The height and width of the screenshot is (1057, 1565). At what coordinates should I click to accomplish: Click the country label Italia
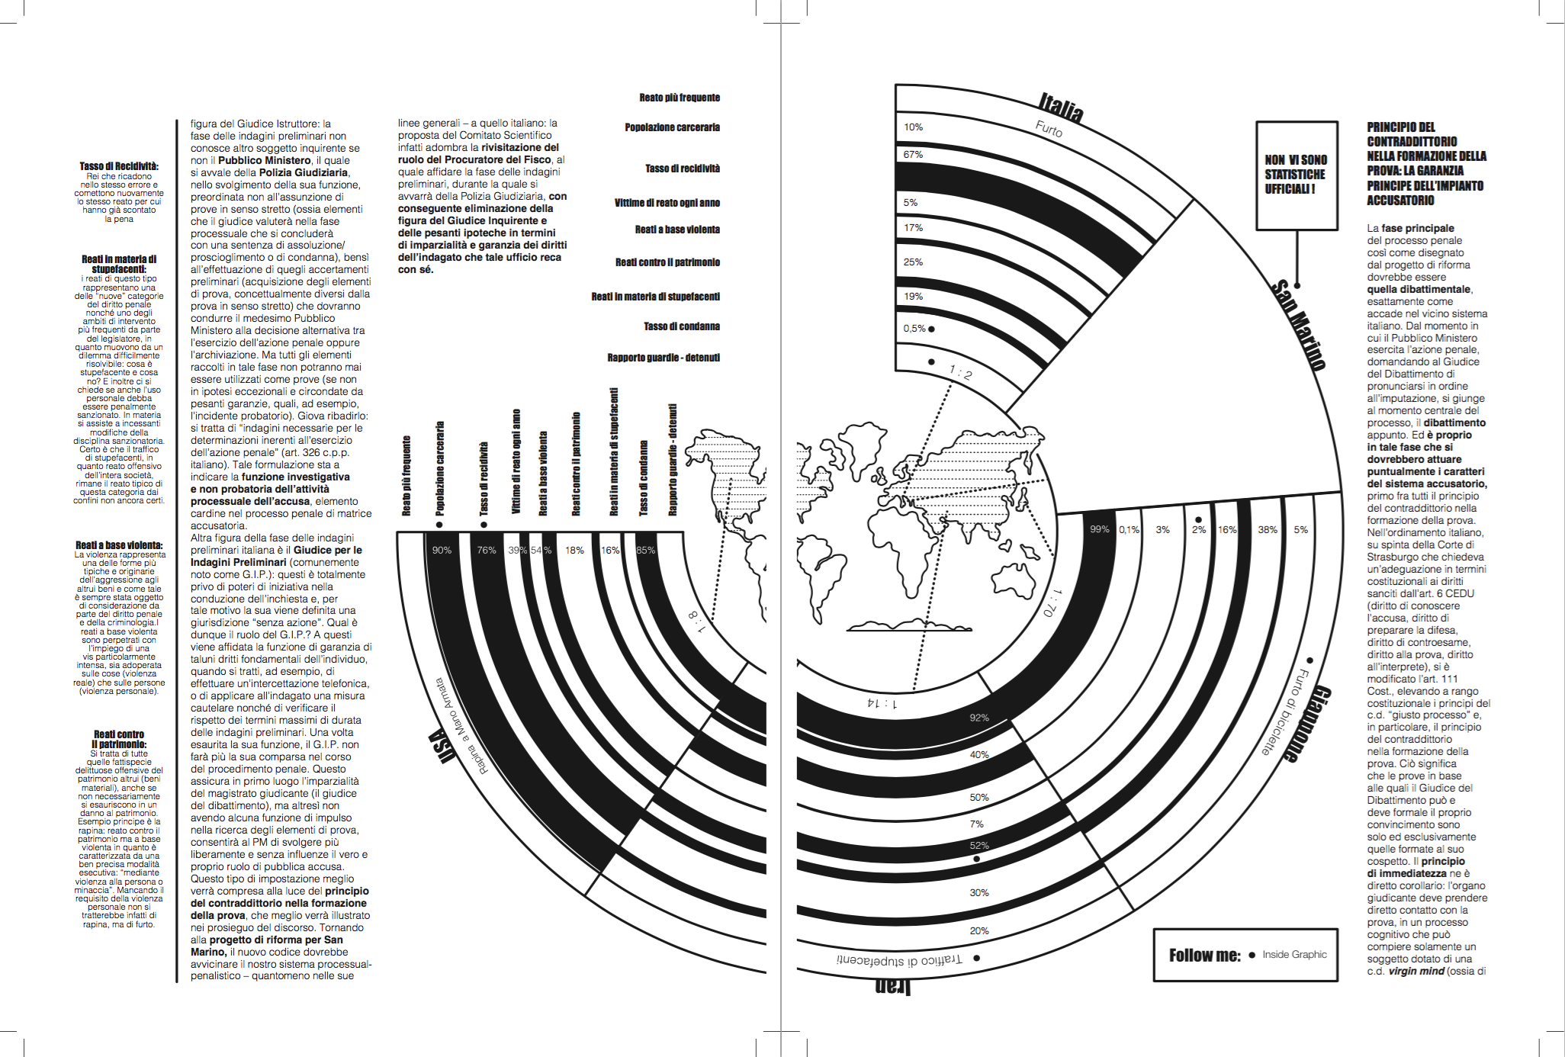[1061, 108]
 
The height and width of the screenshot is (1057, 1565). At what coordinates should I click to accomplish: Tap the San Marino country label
[1298, 325]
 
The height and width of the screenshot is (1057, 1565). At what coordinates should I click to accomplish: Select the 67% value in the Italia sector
[913, 155]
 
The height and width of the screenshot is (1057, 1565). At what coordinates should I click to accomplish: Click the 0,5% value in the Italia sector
[914, 329]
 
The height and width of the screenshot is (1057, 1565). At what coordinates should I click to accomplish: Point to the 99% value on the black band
[1099, 529]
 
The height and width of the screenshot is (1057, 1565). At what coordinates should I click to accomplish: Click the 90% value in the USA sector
[442, 550]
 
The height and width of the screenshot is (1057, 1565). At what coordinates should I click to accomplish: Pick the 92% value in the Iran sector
[979, 718]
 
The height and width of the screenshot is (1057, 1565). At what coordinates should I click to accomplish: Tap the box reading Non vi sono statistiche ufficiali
[1297, 175]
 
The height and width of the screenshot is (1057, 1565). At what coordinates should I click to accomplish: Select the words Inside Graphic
[1294, 955]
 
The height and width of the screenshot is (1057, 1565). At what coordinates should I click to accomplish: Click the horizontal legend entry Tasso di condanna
[681, 326]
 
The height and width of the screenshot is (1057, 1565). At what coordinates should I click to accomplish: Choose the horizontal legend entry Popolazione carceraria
[672, 127]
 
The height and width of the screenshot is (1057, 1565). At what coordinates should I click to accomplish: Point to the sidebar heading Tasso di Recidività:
[119, 166]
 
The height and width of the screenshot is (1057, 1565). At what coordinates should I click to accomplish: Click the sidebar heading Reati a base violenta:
[119, 545]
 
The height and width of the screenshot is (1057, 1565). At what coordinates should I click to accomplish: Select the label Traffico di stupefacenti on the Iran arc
[900, 960]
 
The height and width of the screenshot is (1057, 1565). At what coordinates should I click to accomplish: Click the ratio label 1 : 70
[1051, 602]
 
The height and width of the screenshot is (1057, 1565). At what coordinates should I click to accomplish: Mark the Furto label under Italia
[1049, 129]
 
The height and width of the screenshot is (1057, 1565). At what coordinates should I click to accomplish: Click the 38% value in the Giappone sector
[1267, 529]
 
